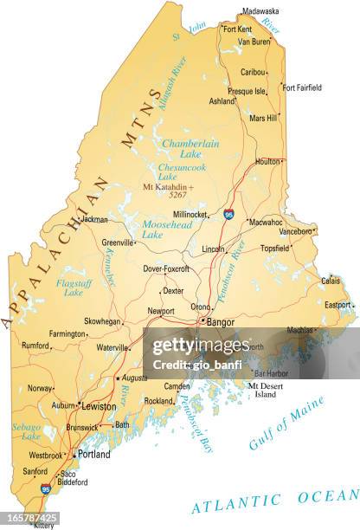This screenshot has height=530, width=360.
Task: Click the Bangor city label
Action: pos(220,321)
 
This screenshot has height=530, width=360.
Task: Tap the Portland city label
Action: pos(93,454)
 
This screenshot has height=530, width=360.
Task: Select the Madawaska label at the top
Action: pos(260,11)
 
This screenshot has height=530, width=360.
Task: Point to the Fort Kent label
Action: pos(236,29)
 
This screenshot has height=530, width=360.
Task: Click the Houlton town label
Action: pos(267,161)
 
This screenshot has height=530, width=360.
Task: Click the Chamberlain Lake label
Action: pos(190,149)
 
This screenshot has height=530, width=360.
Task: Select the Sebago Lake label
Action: pos(26,431)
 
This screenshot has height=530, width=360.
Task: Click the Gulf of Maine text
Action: pos(286,423)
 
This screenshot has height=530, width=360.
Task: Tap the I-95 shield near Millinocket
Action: pos(228,214)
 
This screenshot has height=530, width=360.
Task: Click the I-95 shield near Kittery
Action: pos(45,489)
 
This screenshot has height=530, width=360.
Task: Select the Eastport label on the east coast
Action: pos(337,305)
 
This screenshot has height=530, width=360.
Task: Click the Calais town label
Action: pos(331,281)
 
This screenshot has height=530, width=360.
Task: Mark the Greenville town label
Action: pos(118,243)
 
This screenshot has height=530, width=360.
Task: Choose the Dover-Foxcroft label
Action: pos(165,268)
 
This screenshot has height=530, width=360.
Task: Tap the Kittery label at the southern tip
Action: pos(43,525)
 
